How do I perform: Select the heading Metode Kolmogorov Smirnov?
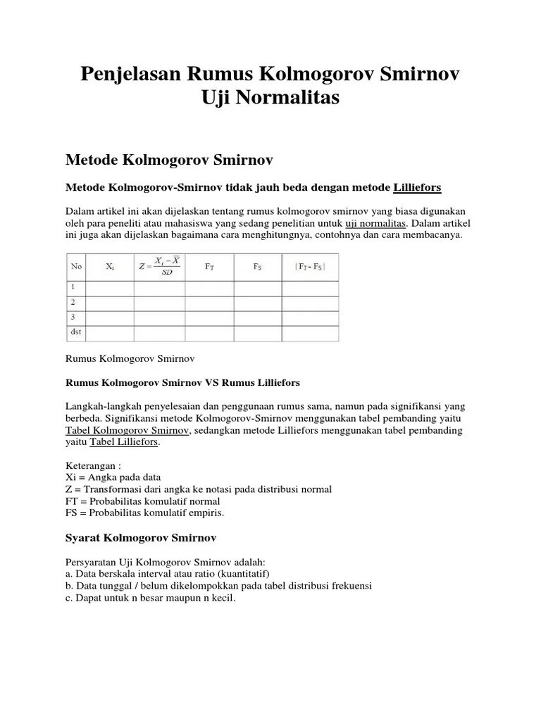coord(168,161)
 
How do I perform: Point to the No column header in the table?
coord(76,267)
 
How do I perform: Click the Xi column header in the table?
coord(110,267)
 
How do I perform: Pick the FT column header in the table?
coord(209,267)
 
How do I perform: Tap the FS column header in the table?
coord(258,267)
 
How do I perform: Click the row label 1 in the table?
coord(73,287)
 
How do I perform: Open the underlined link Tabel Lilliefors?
coord(124,442)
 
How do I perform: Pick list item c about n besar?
coord(150,598)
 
